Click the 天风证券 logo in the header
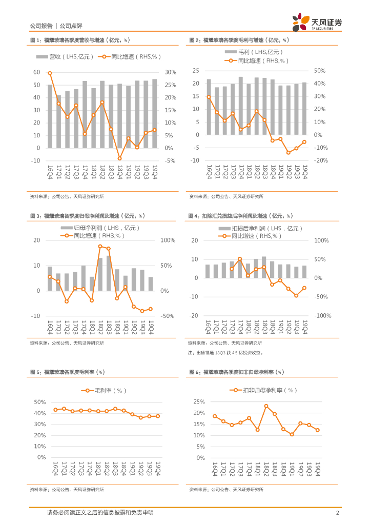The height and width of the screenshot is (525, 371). click(x=317, y=23)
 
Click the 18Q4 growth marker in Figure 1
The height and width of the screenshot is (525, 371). click(x=119, y=158)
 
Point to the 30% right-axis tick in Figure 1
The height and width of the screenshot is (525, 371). click(x=170, y=72)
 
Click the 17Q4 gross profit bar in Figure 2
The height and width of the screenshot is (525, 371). click(x=240, y=106)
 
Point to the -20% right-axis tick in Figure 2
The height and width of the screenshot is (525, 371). click(x=320, y=160)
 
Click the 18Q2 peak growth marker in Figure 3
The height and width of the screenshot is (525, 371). click(x=100, y=246)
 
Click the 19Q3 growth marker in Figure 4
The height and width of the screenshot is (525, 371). click(x=296, y=295)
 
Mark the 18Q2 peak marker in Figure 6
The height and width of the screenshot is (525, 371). click(x=266, y=406)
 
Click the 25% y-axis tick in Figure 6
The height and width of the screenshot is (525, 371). click(x=199, y=402)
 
